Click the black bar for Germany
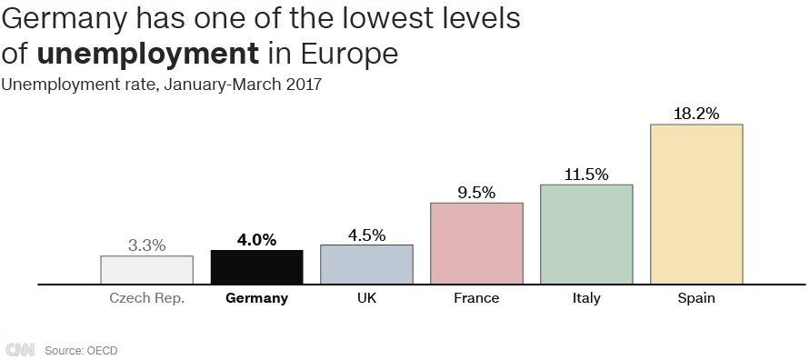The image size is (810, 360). point(256,267)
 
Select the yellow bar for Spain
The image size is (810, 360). point(696,205)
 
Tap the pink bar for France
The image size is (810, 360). point(476,244)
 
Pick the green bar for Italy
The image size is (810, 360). point(586,235)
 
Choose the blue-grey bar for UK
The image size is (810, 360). point(366,265)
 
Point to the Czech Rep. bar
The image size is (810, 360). point(146,270)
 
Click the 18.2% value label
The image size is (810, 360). point(696,114)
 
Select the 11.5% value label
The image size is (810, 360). point(586,175)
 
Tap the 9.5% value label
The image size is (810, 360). point(476,193)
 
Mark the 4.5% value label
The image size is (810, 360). point(366,235)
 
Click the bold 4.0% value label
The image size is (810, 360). point(256,240)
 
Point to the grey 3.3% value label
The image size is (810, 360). point(146,245)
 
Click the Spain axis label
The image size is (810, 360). point(696,298)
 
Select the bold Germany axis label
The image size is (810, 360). point(256,298)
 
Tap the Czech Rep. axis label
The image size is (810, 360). point(146,298)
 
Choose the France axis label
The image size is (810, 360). point(476,298)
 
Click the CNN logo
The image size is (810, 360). point(19,350)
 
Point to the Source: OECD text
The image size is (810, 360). point(81,350)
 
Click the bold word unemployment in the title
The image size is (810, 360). point(147,54)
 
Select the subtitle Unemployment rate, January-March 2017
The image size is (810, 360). point(162,85)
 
